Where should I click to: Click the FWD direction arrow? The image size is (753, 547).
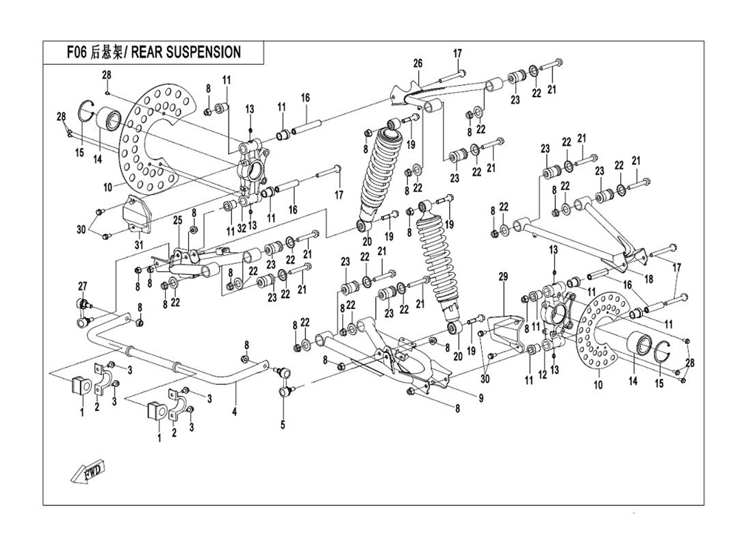click(x=87, y=472)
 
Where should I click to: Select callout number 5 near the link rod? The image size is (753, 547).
click(x=283, y=423)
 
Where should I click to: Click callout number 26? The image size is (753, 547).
click(x=418, y=64)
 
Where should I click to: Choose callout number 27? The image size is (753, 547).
click(x=83, y=286)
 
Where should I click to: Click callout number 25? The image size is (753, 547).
click(x=177, y=220)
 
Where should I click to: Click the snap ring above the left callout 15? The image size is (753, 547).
click(x=87, y=110)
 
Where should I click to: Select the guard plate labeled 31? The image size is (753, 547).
click(x=135, y=214)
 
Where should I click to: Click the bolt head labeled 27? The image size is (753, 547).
click(x=83, y=304)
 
